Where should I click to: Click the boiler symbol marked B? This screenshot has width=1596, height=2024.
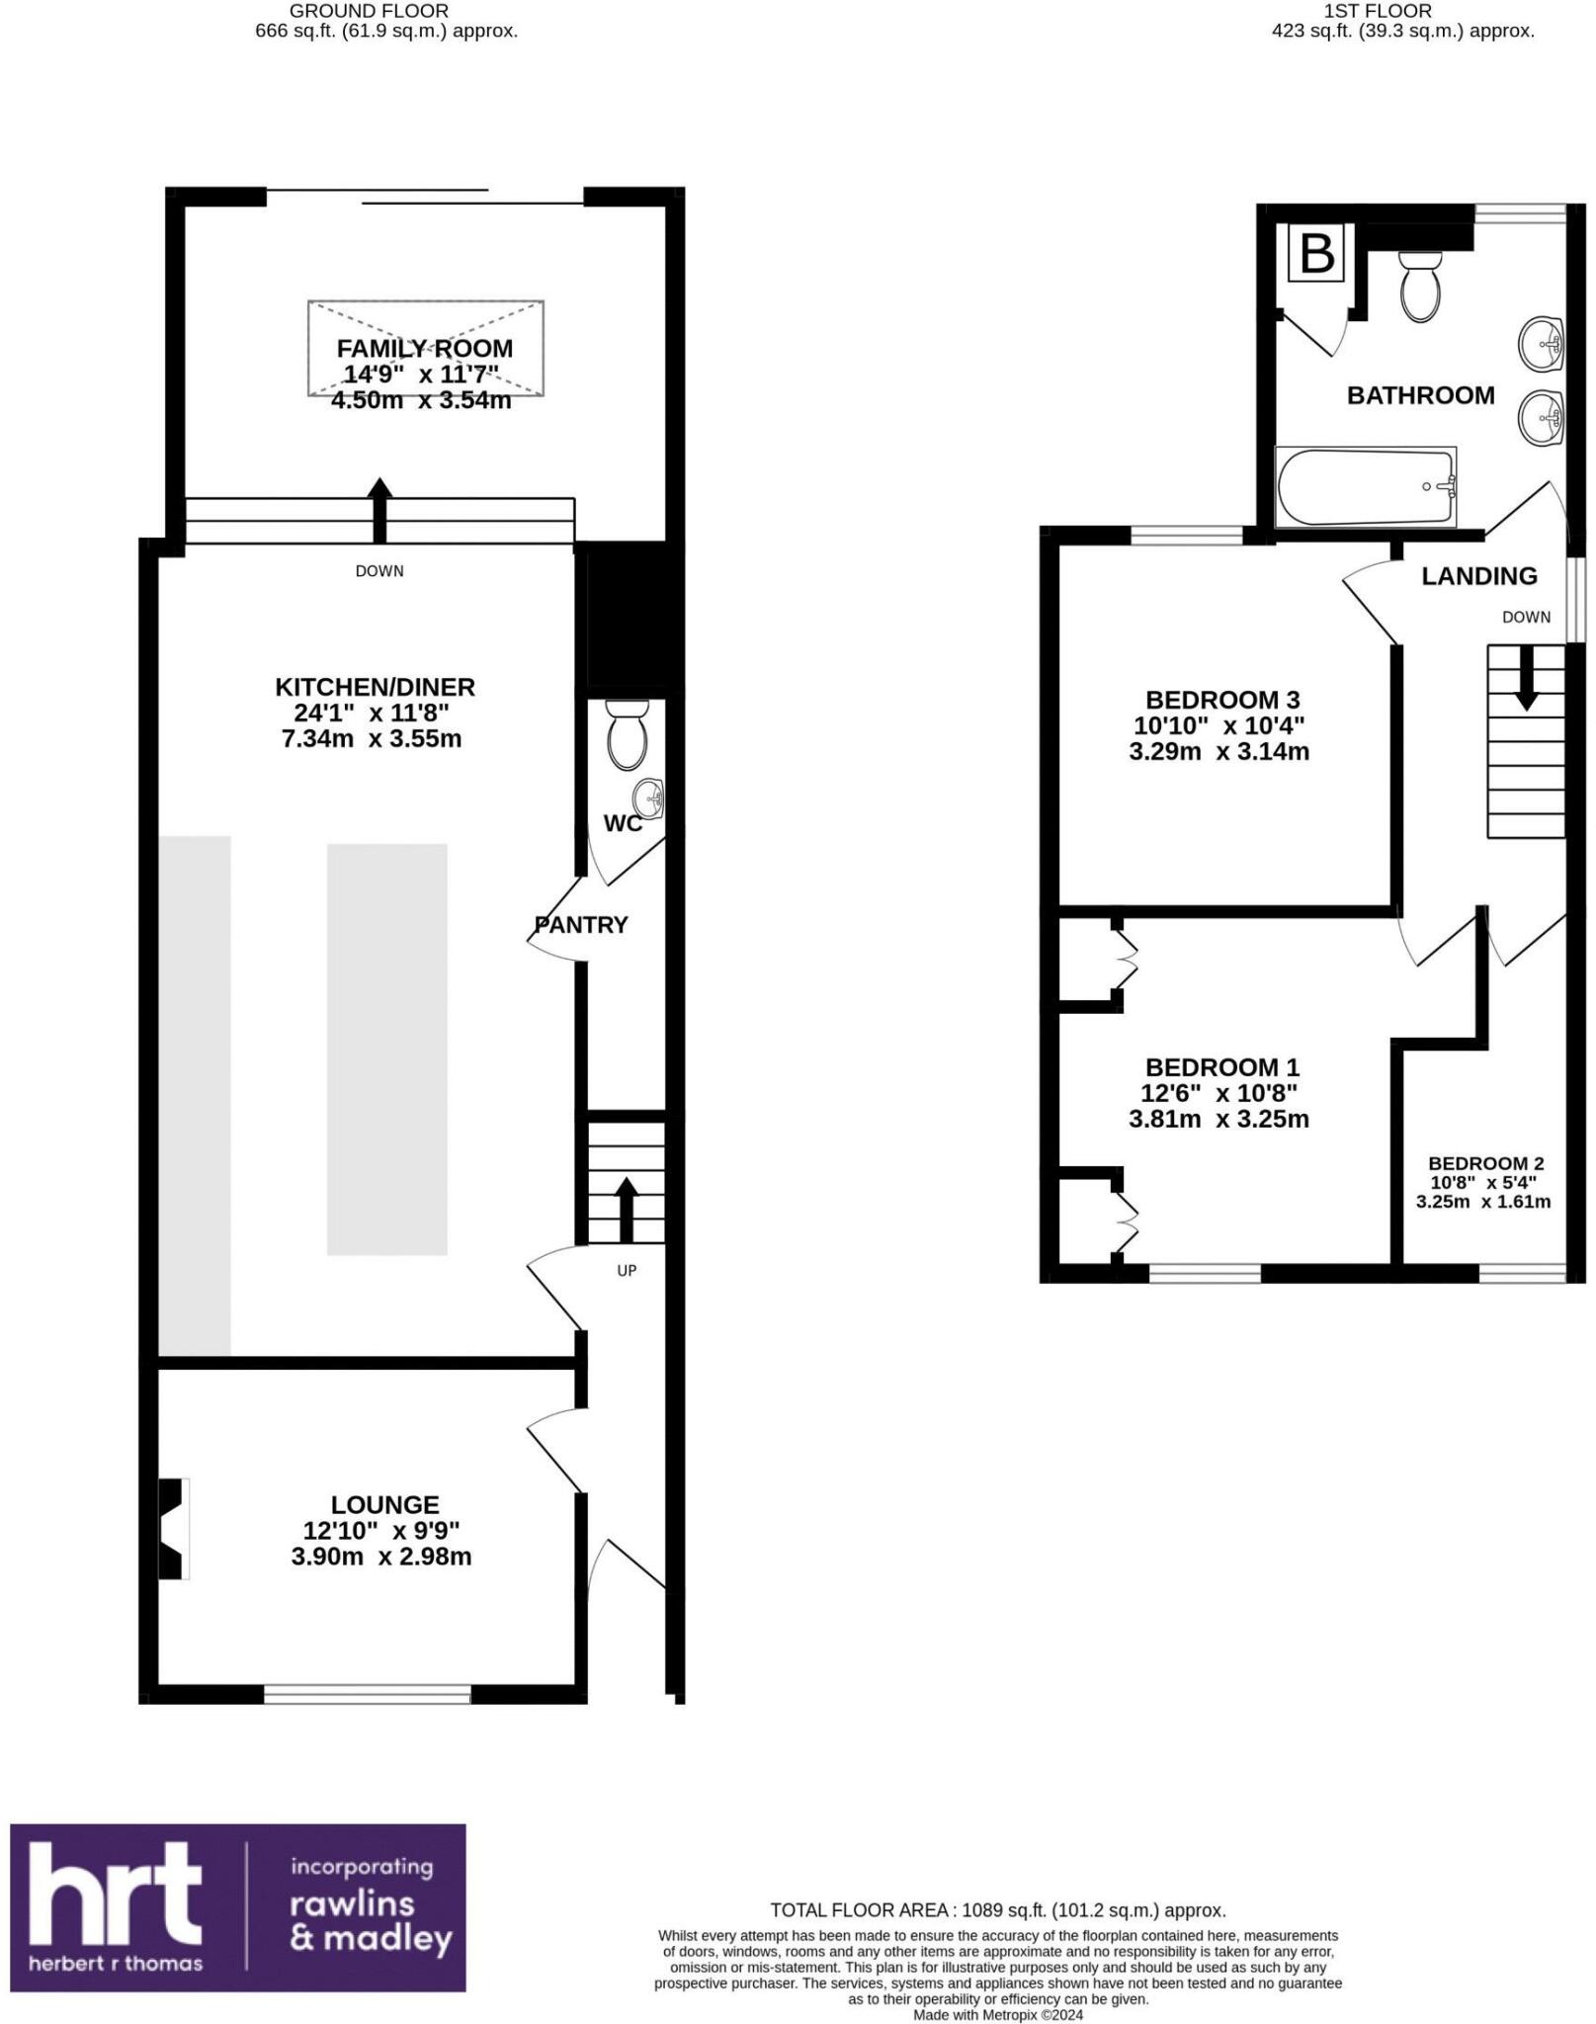click(1317, 254)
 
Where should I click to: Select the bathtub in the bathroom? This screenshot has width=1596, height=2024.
click(1365, 487)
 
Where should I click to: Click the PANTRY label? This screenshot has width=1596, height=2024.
click(581, 925)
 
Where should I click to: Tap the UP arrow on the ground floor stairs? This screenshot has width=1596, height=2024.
click(626, 1208)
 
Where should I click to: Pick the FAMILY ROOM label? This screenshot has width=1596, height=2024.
click(424, 348)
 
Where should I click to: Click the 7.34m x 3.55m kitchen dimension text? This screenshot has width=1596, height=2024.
click(372, 738)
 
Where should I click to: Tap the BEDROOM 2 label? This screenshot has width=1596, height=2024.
click(1485, 1163)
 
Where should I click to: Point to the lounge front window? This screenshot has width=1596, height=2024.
click(367, 1694)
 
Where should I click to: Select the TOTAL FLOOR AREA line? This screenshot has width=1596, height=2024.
click(997, 1910)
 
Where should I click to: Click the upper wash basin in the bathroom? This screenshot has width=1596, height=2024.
click(1540, 344)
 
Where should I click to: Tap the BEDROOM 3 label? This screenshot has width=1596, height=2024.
click(1221, 700)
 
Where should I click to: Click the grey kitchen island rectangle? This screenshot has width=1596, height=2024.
click(386, 1049)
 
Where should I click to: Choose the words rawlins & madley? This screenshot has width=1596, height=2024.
click(371, 1921)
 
